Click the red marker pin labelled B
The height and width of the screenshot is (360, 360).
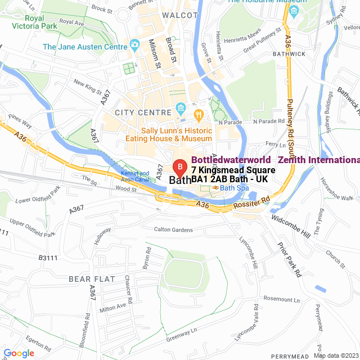tap(179, 168)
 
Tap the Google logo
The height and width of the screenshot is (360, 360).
tap(19, 353)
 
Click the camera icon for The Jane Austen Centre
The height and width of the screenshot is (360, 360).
tap(134, 44)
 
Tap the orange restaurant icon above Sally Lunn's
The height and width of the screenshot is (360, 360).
tap(198, 115)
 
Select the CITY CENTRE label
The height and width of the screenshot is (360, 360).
tap(142, 112)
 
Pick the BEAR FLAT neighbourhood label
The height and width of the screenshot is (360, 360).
tap(92, 279)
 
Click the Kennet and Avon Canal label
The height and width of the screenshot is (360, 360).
tap(136, 176)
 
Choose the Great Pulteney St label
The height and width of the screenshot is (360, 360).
tap(262, 40)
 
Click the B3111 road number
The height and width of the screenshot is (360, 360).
tap(49, 258)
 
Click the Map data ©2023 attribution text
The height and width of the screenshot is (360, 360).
tap(336, 355)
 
